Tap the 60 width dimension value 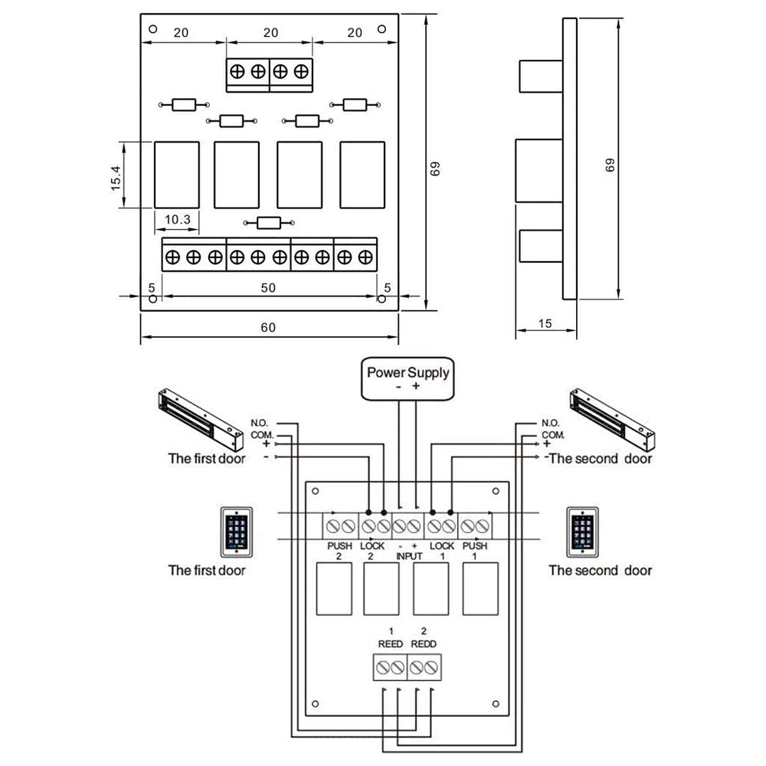pyautogui.click(x=268, y=327)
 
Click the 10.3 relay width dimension pyautogui.click(x=177, y=219)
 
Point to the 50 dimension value pyautogui.click(x=268, y=287)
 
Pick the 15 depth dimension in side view pyautogui.click(x=545, y=323)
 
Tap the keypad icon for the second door pyautogui.click(x=583, y=531)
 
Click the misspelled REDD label pyautogui.click(x=424, y=644)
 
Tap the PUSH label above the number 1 pyautogui.click(x=475, y=546)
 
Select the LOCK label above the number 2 pyautogui.click(x=372, y=546)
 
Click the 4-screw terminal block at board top pyautogui.click(x=270, y=71)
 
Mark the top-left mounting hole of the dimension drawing pyautogui.click(x=153, y=29)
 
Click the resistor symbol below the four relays pyautogui.click(x=268, y=223)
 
